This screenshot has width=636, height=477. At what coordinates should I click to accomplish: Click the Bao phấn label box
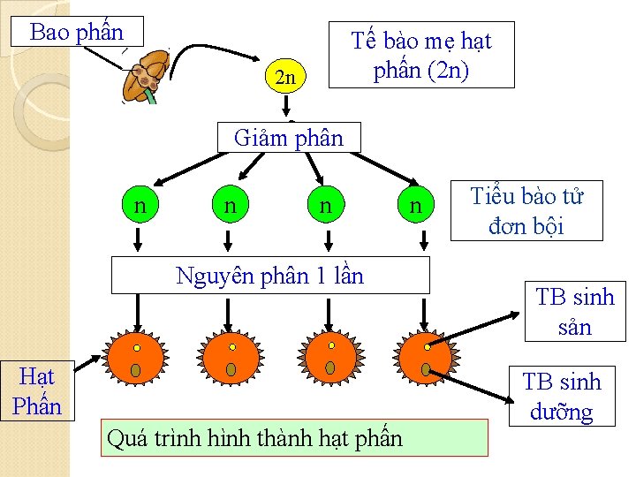click(76, 33)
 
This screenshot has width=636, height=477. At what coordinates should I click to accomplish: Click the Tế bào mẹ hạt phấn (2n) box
click(420, 55)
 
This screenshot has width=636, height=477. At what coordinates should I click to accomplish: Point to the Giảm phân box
click(289, 138)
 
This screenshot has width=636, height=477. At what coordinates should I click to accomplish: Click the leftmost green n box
click(140, 207)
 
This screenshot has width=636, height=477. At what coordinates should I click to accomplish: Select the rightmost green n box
click(414, 207)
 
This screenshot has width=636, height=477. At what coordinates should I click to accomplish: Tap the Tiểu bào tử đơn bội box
click(526, 211)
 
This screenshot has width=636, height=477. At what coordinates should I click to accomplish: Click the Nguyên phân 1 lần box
click(269, 276)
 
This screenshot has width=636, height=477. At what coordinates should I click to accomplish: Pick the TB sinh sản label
click(574, 311)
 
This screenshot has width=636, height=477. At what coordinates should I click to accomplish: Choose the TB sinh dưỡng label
click(561, 397)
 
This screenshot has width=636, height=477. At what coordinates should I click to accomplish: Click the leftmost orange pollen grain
click(135, 357)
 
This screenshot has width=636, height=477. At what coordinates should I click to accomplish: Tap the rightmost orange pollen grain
click(425, 357)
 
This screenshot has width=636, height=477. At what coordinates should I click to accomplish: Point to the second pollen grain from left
click(231, 357)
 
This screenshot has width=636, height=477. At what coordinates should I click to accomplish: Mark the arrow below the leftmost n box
click(139, 238)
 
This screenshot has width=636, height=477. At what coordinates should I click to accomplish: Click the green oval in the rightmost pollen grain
click(425, 369)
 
